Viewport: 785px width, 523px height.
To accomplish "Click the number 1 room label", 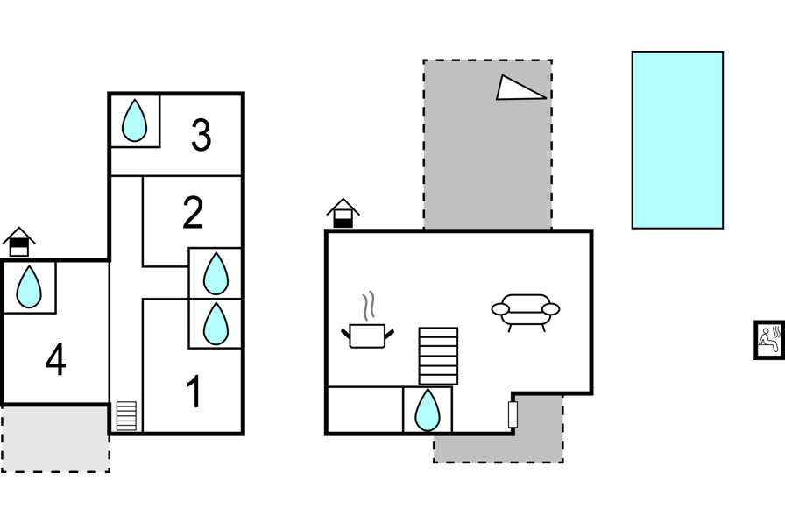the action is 194,392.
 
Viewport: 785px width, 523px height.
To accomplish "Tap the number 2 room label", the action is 193,213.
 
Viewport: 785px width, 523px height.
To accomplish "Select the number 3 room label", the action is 202,135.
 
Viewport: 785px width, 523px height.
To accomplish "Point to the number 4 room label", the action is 55,359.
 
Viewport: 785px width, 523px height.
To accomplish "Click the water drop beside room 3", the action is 135,121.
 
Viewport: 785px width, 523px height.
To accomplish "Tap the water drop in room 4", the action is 29,286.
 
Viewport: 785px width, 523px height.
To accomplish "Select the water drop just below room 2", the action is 216,273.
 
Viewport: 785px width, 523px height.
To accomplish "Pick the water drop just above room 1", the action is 216,324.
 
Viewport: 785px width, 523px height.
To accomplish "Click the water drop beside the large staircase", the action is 428,410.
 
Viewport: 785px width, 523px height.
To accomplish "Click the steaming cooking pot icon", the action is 367,321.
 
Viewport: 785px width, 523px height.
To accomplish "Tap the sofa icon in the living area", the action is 525,312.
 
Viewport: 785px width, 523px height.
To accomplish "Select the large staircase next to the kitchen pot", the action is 438,356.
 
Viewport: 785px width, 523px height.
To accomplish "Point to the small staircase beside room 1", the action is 126,416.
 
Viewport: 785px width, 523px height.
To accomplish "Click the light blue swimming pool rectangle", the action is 677,140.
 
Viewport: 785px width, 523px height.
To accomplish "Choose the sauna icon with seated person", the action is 769,340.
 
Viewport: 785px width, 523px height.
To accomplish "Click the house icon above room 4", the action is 19,243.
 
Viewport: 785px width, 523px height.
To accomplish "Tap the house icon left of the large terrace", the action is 343,213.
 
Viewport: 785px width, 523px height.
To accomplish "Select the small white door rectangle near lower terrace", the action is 513,414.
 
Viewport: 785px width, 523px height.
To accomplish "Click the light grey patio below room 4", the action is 55,438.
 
